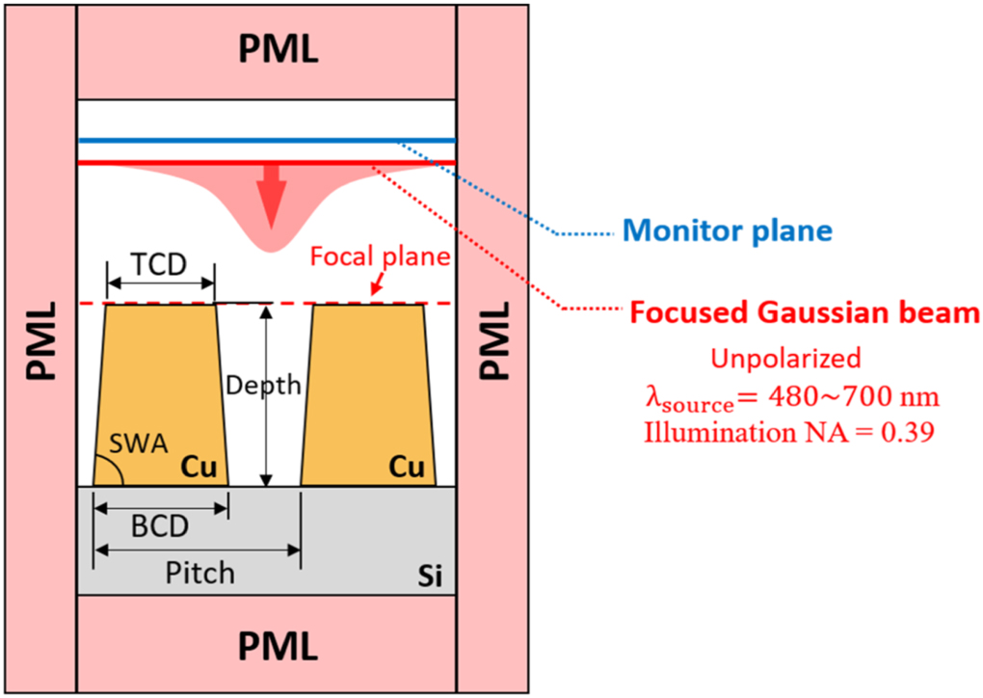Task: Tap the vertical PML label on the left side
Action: click(x=39, y=341)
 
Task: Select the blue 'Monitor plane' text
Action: click(x=727, y=230)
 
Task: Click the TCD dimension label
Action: click(x=160, y=264)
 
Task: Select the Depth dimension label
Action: click(x=263, y=386)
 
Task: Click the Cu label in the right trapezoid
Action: click(x=407, y=468)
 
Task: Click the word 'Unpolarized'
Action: click(x=785, y=358)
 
